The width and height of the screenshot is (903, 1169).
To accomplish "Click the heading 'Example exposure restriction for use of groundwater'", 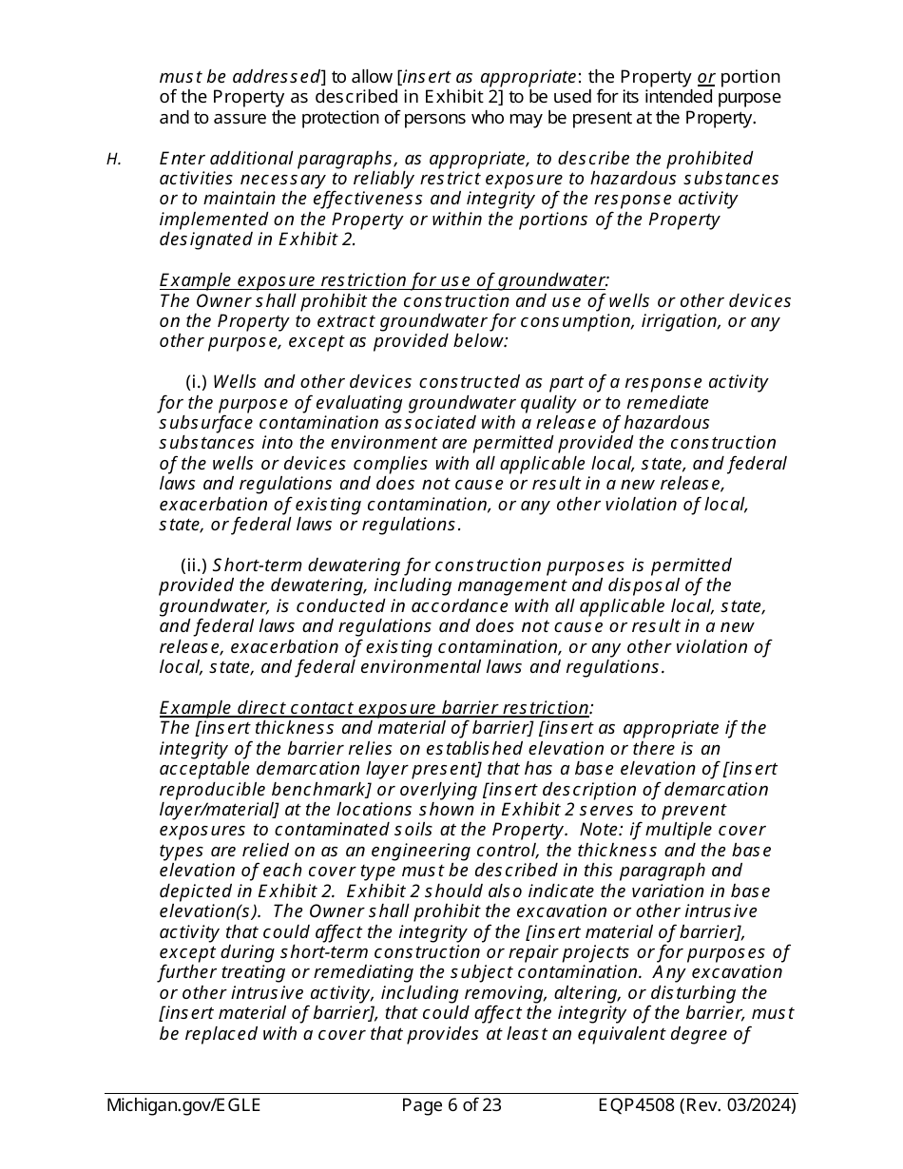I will coord(383,280).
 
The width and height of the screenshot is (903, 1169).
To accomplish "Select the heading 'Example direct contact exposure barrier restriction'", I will coord(375,708).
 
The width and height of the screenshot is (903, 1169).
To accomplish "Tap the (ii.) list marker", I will coord(194,565).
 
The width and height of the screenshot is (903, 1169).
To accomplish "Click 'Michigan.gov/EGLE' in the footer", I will coord(183,1105).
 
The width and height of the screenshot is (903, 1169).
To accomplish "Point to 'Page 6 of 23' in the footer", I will coord(451,1105).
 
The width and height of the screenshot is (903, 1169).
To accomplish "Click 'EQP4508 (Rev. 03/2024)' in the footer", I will coord(698,1105).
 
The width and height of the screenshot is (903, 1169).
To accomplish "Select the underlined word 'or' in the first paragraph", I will coord(705,77).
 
